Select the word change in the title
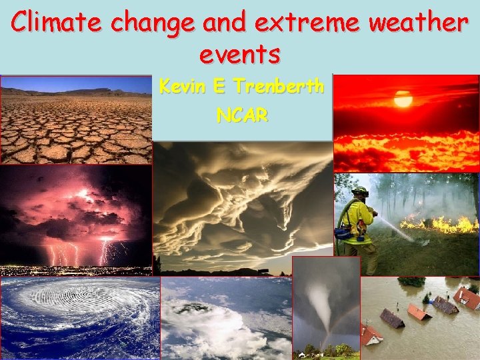(x=152, y=25)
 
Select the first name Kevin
(x=183, y=87)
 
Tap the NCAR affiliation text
(x=242, y=115)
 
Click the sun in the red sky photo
(x=403, y=99)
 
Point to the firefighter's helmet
(x=360, y=192)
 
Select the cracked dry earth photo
(x=76, y=120)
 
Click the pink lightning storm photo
(x=76, y=220)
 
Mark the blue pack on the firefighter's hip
(x=344, y=233)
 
